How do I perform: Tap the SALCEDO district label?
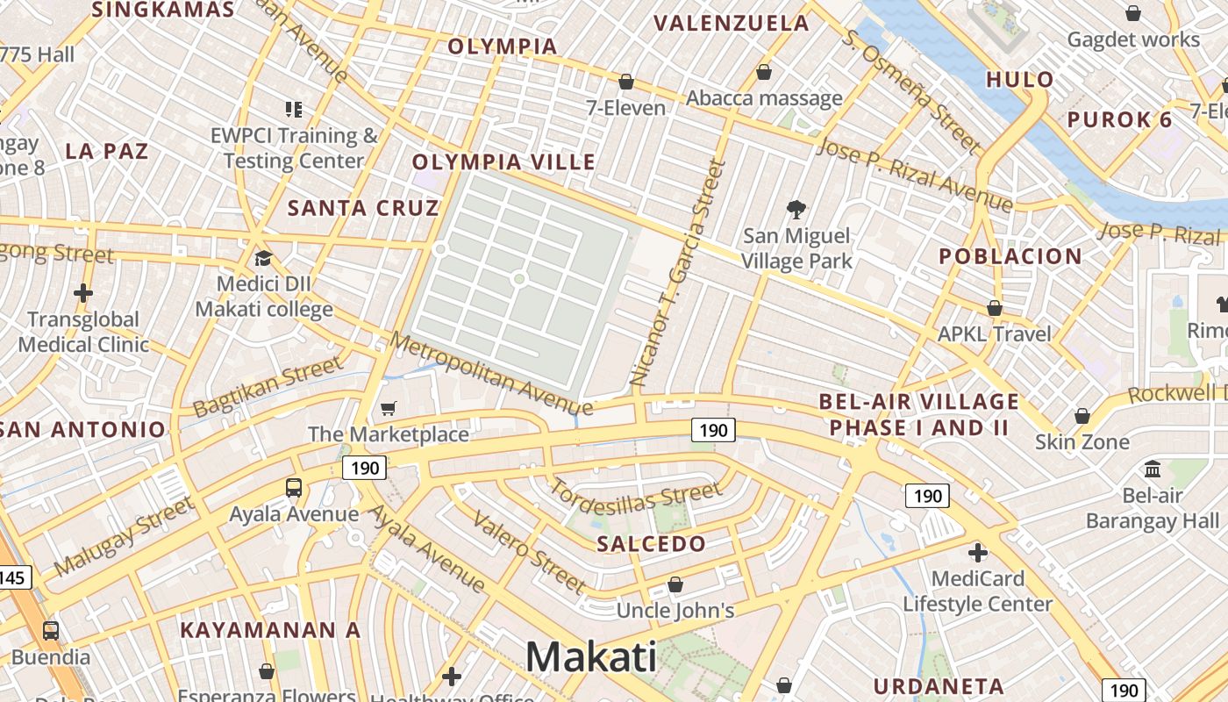[651, 544]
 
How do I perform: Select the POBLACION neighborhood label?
[1010, 256]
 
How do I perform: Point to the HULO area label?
[1020, 80]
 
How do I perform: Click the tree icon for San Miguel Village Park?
[796, 209]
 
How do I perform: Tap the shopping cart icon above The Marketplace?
[388, 408]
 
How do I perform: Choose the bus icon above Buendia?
[51, 630]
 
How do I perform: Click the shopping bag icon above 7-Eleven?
[626, 82]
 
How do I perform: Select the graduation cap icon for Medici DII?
[263, 258]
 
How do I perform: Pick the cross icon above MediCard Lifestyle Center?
[977, 553]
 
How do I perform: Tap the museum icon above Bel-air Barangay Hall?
[1153, 469]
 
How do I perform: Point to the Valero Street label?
[529, 551]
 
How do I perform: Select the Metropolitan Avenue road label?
[492, 375]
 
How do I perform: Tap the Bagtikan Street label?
[267, 386]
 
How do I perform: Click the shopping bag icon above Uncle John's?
[675, 584]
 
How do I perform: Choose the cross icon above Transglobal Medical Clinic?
[83, 292]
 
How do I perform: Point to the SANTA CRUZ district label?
[363, 208]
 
